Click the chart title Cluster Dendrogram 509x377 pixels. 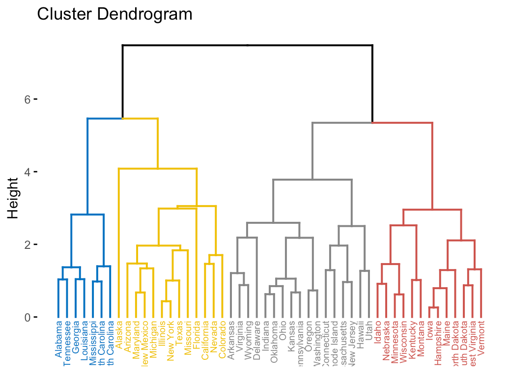pos(114,14)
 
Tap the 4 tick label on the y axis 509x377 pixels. pos(28,172)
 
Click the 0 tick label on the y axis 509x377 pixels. pos(28,317)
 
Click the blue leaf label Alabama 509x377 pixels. pos(59,339)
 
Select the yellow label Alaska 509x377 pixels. pos(120,334)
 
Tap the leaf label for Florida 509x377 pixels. pos(197,334)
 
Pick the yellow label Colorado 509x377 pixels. pos(222,339)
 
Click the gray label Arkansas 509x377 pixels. pos(231,339)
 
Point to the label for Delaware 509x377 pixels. pos(257,339)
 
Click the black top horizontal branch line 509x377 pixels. pos(247,45)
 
